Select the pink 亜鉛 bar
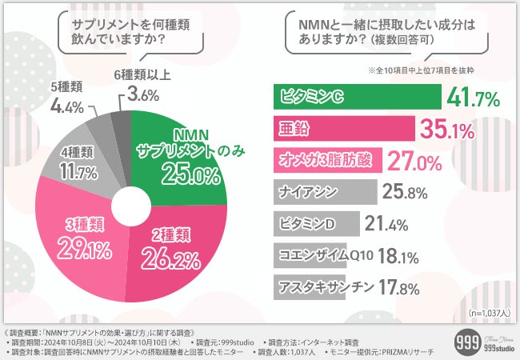(343, 129)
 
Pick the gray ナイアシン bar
(325, 192)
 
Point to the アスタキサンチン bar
(309, 286)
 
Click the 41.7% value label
(474, 99)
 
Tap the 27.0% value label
(415, 162)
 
